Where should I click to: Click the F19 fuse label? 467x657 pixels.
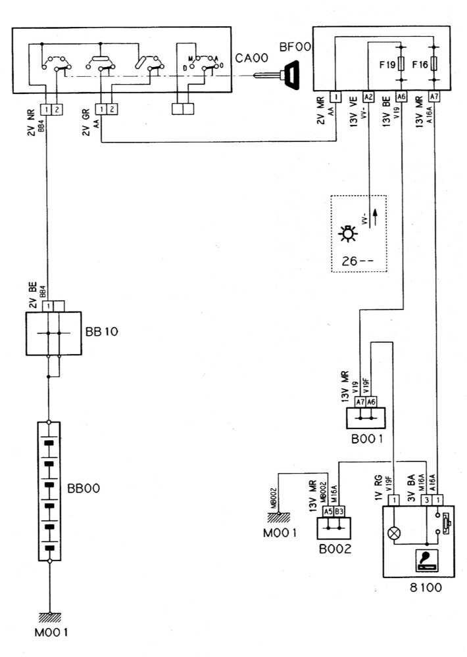coord(386,65)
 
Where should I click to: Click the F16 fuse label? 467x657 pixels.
coord(420,65)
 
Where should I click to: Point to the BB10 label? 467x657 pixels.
coord(101,332)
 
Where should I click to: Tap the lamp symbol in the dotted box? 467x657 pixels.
coord(347,235)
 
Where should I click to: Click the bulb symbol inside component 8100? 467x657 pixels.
coord(394,533)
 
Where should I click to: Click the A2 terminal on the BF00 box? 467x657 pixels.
coord(368,97)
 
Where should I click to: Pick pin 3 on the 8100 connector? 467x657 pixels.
coord(428,501)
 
